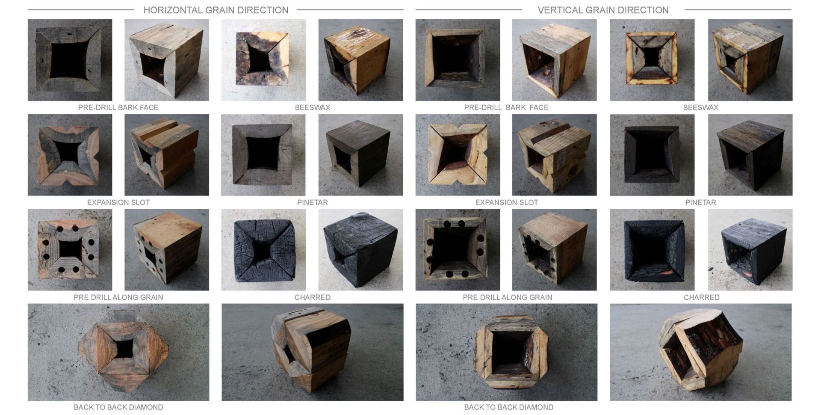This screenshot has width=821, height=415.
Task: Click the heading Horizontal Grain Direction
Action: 216,10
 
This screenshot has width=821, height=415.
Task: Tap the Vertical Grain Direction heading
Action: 603,10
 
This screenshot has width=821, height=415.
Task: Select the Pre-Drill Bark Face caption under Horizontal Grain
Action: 118,107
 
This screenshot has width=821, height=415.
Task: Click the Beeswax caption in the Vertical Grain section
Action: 700,107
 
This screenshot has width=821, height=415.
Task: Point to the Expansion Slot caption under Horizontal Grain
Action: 118,202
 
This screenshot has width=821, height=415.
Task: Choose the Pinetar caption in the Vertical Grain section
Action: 700,202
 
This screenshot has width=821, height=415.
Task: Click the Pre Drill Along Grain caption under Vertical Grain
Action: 508,297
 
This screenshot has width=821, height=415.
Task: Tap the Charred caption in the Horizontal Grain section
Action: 312,297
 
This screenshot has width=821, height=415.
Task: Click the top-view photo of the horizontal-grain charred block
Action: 263,250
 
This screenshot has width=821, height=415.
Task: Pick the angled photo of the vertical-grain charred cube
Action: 750,250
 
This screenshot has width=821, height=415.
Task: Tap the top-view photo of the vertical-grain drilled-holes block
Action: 458,250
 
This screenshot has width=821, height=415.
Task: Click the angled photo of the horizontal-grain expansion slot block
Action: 167,155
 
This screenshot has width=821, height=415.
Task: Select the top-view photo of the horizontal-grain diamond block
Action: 118,352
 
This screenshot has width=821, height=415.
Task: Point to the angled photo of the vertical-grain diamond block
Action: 700,352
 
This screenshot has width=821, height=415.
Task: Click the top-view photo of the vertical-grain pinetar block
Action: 652,155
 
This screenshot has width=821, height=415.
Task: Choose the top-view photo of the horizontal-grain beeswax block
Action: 263,60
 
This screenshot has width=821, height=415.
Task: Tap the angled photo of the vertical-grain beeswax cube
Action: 750,60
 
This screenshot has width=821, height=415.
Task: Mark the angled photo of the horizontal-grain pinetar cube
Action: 360,155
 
